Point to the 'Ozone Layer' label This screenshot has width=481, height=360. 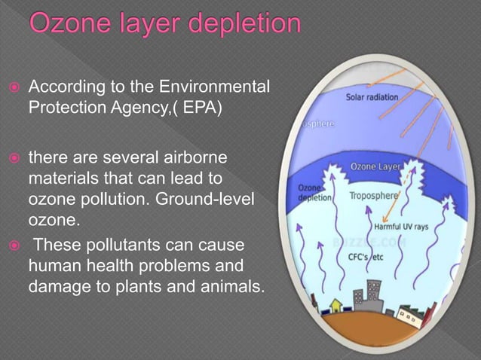pos(373,165)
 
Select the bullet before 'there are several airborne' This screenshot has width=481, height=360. pos(14,160)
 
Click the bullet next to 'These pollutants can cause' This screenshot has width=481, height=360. pos(14,248)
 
